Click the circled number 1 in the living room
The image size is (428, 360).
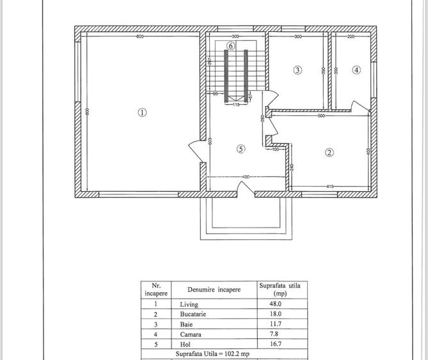pos(142,113)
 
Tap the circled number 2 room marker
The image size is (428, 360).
pos(329,152)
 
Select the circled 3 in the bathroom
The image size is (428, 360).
pos(297,70)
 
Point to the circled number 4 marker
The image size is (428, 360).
pos(356,70)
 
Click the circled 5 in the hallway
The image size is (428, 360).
pos(241,149)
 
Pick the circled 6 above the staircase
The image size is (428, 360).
pos(231,46)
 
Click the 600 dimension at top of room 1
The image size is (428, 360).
pos(139,37)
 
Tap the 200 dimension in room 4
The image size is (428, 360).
pos(351,37)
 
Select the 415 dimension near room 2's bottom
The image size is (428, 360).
pos(330,186)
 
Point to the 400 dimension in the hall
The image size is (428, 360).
pos(245,176)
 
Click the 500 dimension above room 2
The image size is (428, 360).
pos(321,116)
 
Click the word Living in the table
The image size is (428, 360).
pos(189,304)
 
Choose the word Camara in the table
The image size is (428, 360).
pos(191,334)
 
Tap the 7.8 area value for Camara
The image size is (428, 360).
pos(276,334)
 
